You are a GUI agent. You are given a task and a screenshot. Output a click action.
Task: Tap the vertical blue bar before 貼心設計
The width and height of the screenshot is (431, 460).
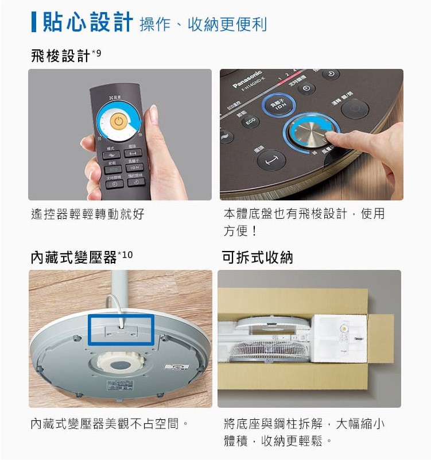[x=34, y=22]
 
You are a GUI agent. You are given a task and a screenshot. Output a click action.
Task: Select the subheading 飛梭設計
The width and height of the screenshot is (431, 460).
[x=60, y=56]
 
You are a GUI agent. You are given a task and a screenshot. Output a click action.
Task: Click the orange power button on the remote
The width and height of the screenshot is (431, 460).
[x=117, y=122]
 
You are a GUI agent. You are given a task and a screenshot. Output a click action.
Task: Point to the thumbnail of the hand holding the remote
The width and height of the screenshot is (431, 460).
[x=120, y=134]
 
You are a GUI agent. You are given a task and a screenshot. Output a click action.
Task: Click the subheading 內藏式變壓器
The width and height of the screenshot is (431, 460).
[x=73, y=258]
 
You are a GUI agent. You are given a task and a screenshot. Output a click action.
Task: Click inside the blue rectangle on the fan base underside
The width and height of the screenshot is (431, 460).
[x=121, y=330]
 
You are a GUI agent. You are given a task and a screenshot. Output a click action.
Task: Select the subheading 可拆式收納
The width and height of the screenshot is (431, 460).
[x=257, y=258]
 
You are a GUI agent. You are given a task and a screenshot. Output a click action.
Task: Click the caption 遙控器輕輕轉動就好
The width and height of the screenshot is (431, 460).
[x=87, y=215]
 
